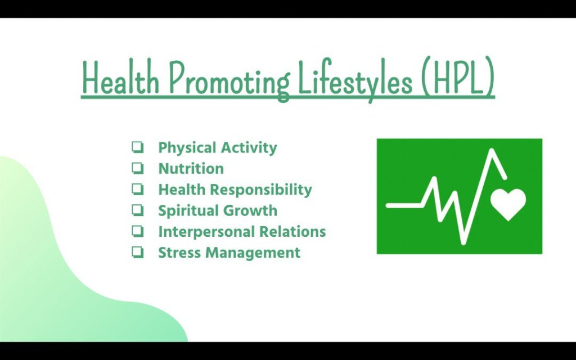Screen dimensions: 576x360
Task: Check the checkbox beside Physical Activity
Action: click(x=137, y=147)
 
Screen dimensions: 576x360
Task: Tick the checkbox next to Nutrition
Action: click(x=137, y=168)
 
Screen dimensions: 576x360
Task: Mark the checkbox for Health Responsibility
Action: click(x=137, y=189)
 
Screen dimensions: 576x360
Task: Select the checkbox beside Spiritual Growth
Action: click(x=137, y=210)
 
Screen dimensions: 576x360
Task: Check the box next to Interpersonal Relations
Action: click(x=137, y=231)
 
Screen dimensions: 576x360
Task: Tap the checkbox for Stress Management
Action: click(x=137, y=252)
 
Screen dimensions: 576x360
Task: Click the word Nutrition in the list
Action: click(x=191, y=169)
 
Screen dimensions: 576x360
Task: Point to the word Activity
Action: click(x=249, y=148)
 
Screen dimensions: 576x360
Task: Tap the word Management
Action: click(x=253, y=253)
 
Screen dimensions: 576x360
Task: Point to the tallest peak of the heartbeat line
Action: click(x=492, y=151)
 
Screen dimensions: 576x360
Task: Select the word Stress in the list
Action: click(x=179, y=253)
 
